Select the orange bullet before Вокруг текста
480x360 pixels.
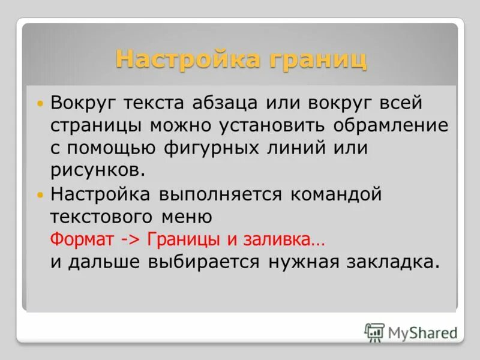(40, 104)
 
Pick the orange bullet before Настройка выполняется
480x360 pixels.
(40, 195)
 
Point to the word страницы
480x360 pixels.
(88, 125)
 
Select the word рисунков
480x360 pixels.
(97, 171)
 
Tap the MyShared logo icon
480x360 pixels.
(374, 332)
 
